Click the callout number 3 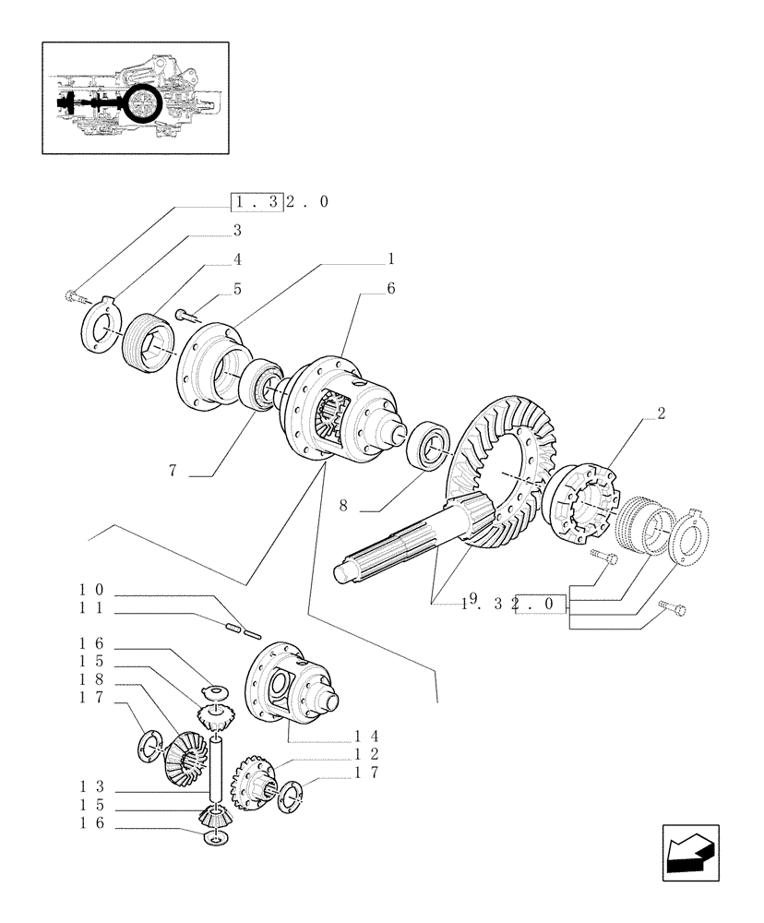(237, 230)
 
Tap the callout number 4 (237, 259)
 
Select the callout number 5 (237, 289)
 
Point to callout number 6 (391, 289)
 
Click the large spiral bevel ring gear (503, 461)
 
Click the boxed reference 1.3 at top (256, 202)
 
